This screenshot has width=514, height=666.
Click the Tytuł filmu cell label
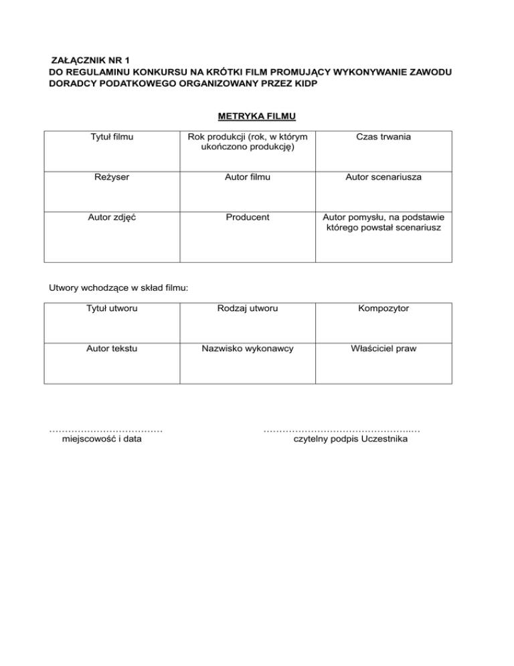(x=112, y=137)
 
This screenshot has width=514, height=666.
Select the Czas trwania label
(x=383, y=137)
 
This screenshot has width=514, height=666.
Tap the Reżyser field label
(x=112, y=179)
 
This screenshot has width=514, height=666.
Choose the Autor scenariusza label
(x=383, y=179)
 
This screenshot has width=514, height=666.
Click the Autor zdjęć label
(x=112, y=218)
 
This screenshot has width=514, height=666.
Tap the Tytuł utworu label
(x=112, y=309)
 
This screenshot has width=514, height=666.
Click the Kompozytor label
(x=383, y=309)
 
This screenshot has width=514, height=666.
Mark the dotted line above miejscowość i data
(x=106, y=429)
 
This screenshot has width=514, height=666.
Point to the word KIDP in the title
(x=304, y=84)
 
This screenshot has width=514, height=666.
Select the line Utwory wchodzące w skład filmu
(x=118, y=288)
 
